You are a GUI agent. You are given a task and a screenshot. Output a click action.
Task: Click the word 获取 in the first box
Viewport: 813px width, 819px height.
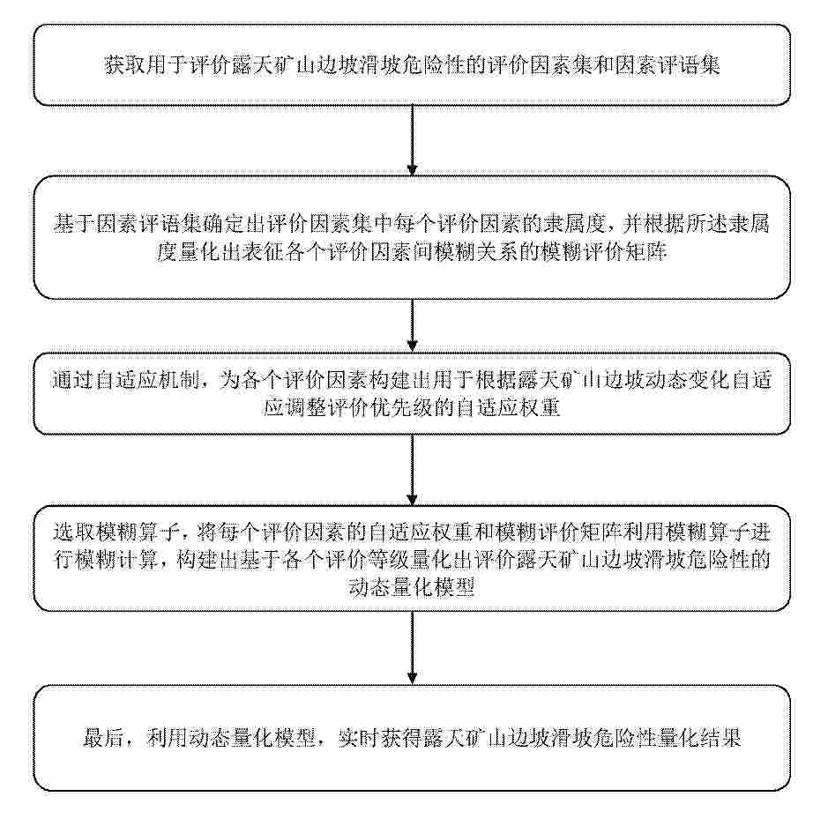pyautogui.click(x=125, y=66)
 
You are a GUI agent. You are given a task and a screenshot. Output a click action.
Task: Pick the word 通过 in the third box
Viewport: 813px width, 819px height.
pyautogui.click(x=72, y=380)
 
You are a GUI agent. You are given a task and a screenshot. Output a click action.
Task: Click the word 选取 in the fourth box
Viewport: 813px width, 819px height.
pyautogui.click(x=74, y=532)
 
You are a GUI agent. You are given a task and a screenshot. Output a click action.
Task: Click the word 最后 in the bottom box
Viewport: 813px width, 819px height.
pyautogui.click(x=104, y=738)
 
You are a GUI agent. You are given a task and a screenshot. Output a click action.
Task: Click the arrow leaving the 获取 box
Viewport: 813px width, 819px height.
pyautogui.click(x=413, y=140)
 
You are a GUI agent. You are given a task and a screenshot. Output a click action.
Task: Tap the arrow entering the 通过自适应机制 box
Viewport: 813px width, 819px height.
pyautogui.click(x=413, y=326)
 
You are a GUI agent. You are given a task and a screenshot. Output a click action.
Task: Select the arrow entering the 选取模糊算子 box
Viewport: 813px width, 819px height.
pyautogui.click(x=413, y=470)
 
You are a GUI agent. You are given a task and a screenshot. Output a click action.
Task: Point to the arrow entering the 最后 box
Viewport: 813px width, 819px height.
pyautogui.click(x=413, y=648)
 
